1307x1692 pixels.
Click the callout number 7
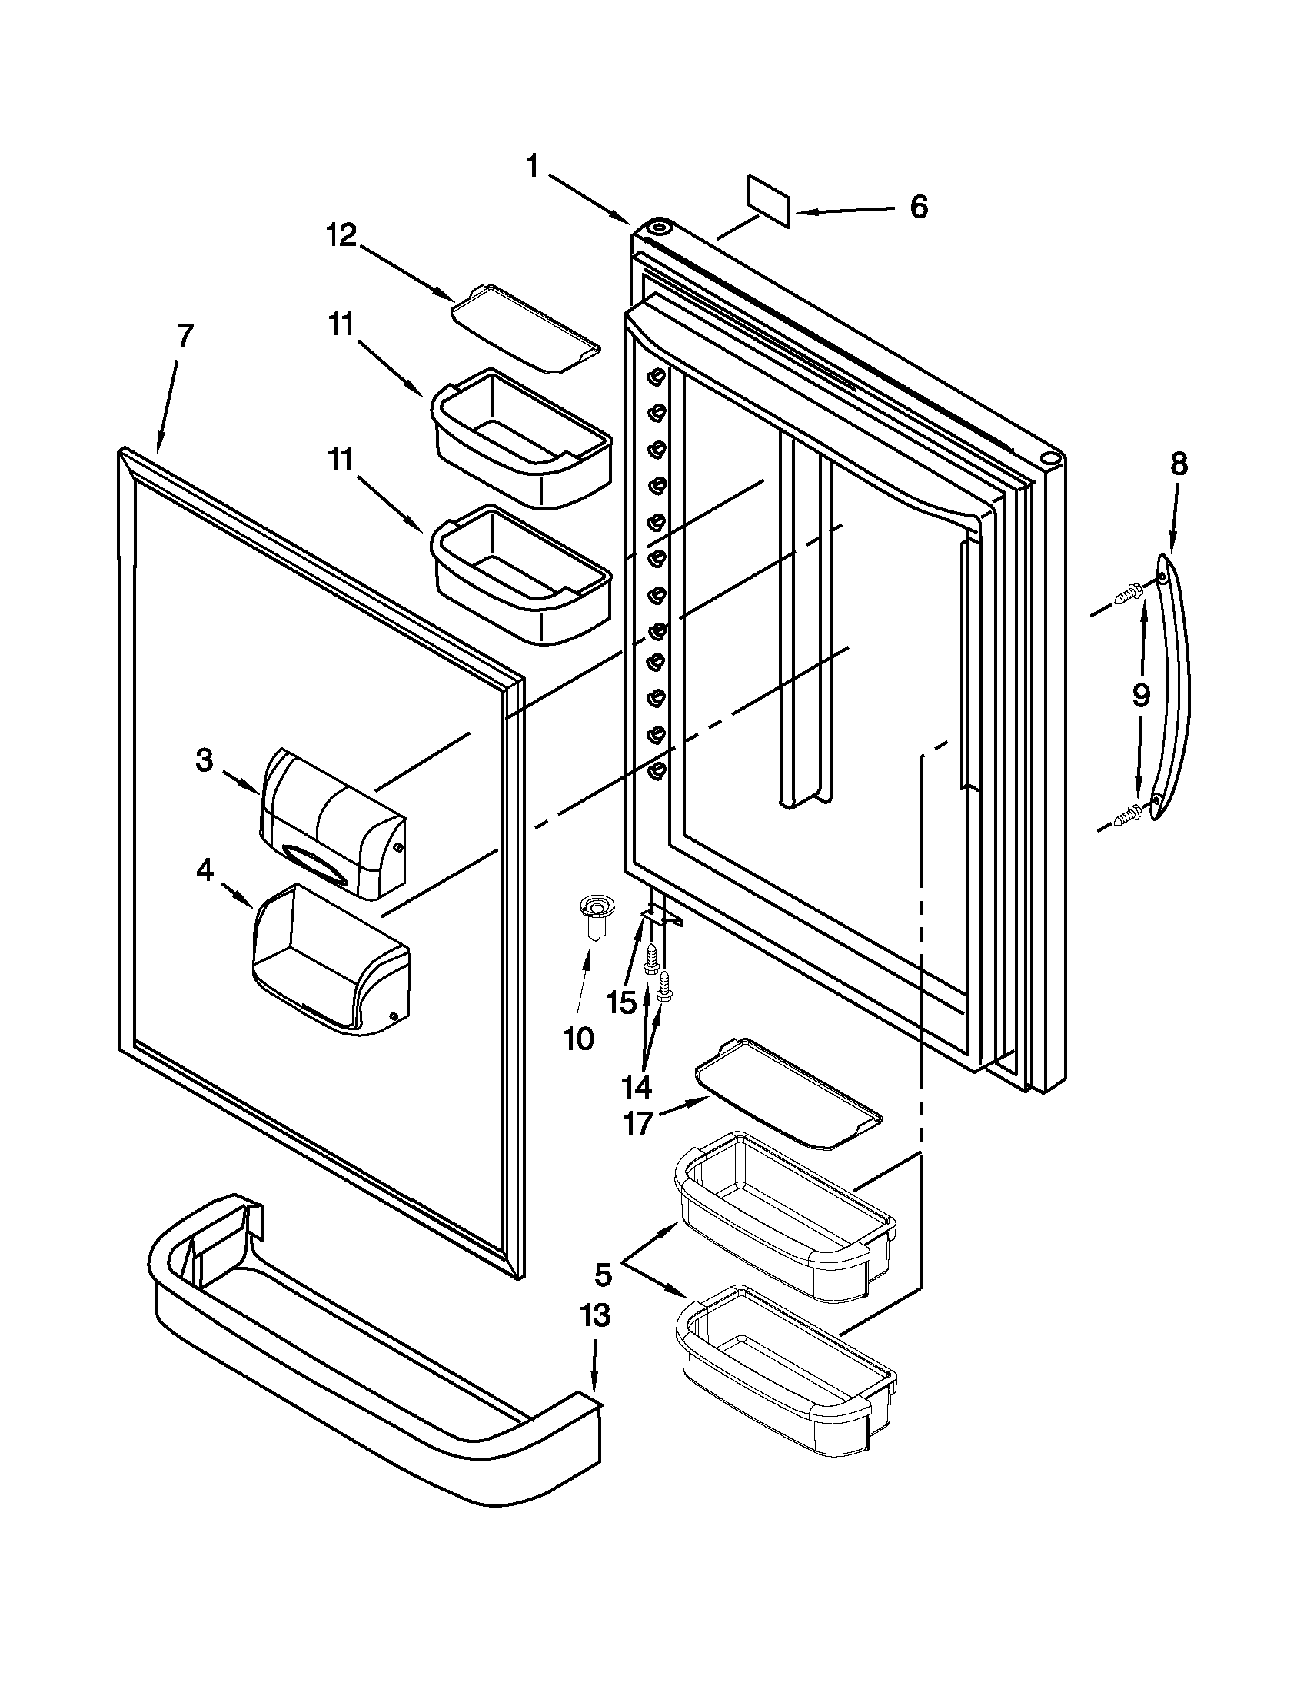184,336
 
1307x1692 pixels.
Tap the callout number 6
919,207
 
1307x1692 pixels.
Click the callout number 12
341,234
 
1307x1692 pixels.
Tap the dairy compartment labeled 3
333,823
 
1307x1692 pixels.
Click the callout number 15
621,1002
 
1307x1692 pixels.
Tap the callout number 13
595,1315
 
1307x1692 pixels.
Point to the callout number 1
533,165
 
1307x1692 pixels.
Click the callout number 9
1141,696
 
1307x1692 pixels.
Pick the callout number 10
578,1038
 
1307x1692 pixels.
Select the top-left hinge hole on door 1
660,228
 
